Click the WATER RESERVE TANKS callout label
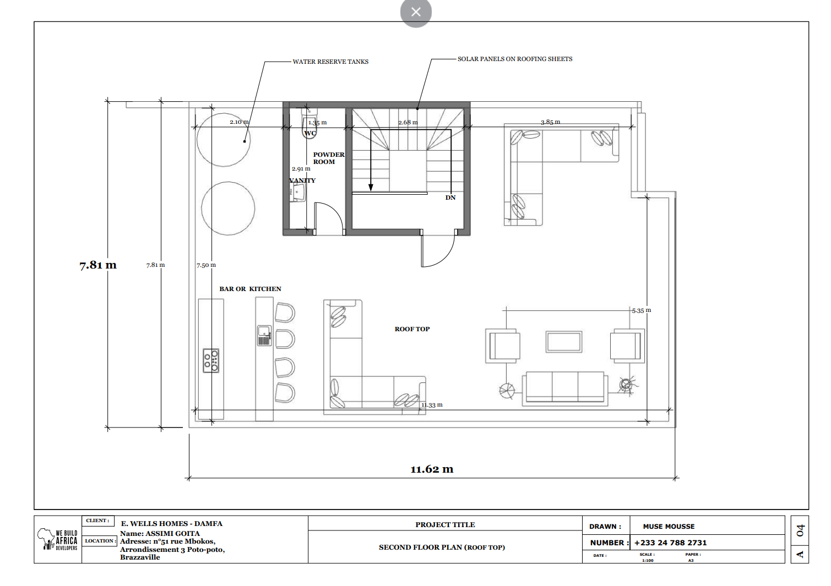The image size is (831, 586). [x=330, y=62]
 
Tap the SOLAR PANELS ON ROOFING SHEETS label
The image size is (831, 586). [x=514, y=59]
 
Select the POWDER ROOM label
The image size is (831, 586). [x=328, y=158]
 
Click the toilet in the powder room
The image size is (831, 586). [x=309, y=124]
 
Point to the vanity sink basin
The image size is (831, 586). [x=297, y=193]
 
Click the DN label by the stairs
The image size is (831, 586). [x=450, y=198]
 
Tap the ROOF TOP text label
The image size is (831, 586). [x=412, y=329]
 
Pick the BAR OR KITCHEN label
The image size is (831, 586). [x=250, y=289]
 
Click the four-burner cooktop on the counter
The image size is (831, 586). [x=211, y=360]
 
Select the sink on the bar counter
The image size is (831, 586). [x=264, y=336]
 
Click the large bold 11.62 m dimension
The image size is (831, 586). [x=432, y=469]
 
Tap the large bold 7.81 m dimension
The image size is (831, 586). [x=98, y=265]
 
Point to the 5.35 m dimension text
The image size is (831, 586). [x=642, y=310]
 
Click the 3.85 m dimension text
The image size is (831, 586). [x=551, y=122]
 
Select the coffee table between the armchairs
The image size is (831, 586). [x=563, y=342]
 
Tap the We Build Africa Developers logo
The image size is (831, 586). [x=57, y=539]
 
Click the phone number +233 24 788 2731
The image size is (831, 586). [x=670, y=543]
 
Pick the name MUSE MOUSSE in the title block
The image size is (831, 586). [x=669, y=527]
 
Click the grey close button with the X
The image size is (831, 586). [x=416, y=12]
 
